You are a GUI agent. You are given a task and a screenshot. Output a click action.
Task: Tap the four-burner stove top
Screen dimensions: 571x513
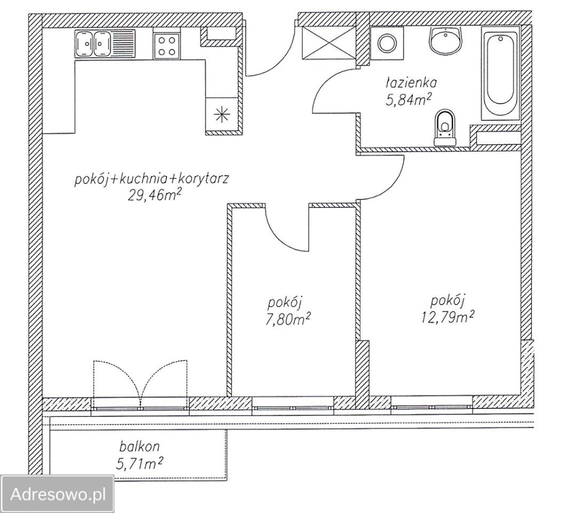tap(166, 46)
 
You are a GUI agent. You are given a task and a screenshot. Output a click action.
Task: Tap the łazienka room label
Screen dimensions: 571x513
tap(411, 83)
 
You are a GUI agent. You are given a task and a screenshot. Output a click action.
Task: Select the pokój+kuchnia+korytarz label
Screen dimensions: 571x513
tap(152, 180)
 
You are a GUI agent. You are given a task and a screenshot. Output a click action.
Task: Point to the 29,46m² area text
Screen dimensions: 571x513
tap(154, 196)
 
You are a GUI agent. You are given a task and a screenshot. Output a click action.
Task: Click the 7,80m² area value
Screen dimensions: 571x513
tap(288, 320)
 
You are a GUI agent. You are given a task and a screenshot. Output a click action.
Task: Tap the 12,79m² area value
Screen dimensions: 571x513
tap(448, 317)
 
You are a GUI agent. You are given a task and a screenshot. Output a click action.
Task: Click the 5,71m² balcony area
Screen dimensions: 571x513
tap(139, 464)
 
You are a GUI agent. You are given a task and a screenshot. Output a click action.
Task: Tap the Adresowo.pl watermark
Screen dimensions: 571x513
tap(58, 495)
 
